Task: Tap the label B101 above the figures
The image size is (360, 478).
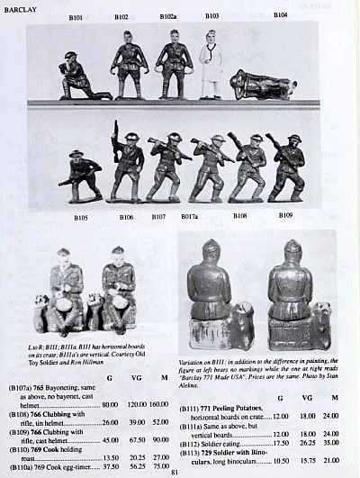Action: click(x=76, y=17)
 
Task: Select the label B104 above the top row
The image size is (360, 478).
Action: click(x=281, y=15)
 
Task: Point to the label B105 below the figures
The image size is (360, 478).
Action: click(x=81, y=217)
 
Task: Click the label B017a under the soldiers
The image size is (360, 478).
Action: click(x=189, y=217)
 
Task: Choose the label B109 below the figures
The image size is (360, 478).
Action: click(x=284, y=216)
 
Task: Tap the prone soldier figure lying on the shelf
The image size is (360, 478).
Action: click(x=262, y=86)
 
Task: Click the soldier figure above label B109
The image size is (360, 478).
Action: click(x=286, y=167)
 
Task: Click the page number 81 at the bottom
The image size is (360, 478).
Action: click(x=175, y=470)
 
